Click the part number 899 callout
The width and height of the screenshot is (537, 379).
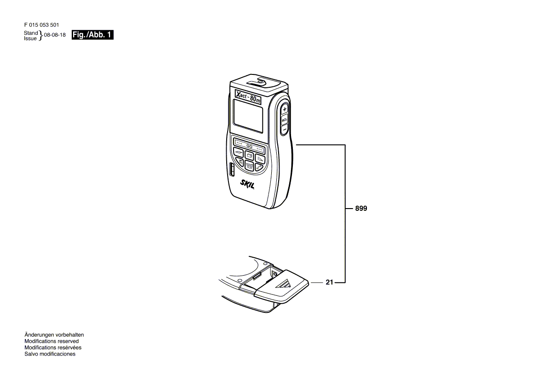tap(361, 209)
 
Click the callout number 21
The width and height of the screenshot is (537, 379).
tap(329, 283)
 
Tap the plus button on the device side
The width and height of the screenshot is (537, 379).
tap(285, 110)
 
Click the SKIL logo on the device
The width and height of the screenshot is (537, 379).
tap(247, 184)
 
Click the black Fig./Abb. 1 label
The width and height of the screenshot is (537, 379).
tap(92, 35)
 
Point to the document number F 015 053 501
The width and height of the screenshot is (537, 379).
tap(41, 25)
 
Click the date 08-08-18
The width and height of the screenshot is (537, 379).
tap(55, 35)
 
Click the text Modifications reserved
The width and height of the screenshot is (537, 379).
tap(51, 341)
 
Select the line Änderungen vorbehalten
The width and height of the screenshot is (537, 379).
tap(54, 335)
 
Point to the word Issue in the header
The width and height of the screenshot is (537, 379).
tap(30, 39)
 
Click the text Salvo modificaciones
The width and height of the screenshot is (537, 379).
tap(50, 354)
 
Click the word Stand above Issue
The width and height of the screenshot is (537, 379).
tap(31, 33)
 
